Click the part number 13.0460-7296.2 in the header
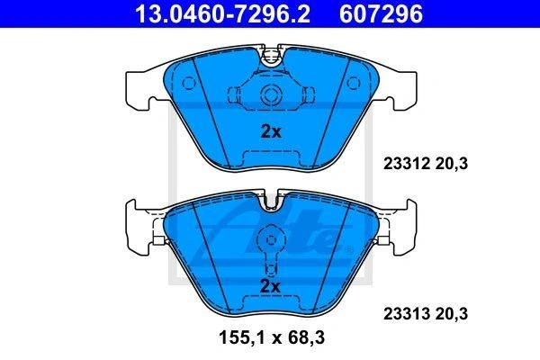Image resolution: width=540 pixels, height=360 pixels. click(223, 13)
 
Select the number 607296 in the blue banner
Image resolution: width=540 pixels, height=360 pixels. click(381, 13)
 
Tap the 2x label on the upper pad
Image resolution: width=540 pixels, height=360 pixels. click(271, 131)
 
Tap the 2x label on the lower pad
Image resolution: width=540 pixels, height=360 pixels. click(271, 285)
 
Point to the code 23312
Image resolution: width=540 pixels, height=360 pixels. click(407, 163)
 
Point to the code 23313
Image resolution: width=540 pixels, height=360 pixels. click(407, 314)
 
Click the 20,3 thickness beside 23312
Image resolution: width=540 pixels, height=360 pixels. click(452, 163)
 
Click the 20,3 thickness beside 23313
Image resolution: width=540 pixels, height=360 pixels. click(452, 314)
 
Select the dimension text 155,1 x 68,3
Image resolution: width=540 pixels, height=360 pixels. click(272, 337)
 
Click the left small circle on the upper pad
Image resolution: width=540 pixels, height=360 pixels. click(189, 83)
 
